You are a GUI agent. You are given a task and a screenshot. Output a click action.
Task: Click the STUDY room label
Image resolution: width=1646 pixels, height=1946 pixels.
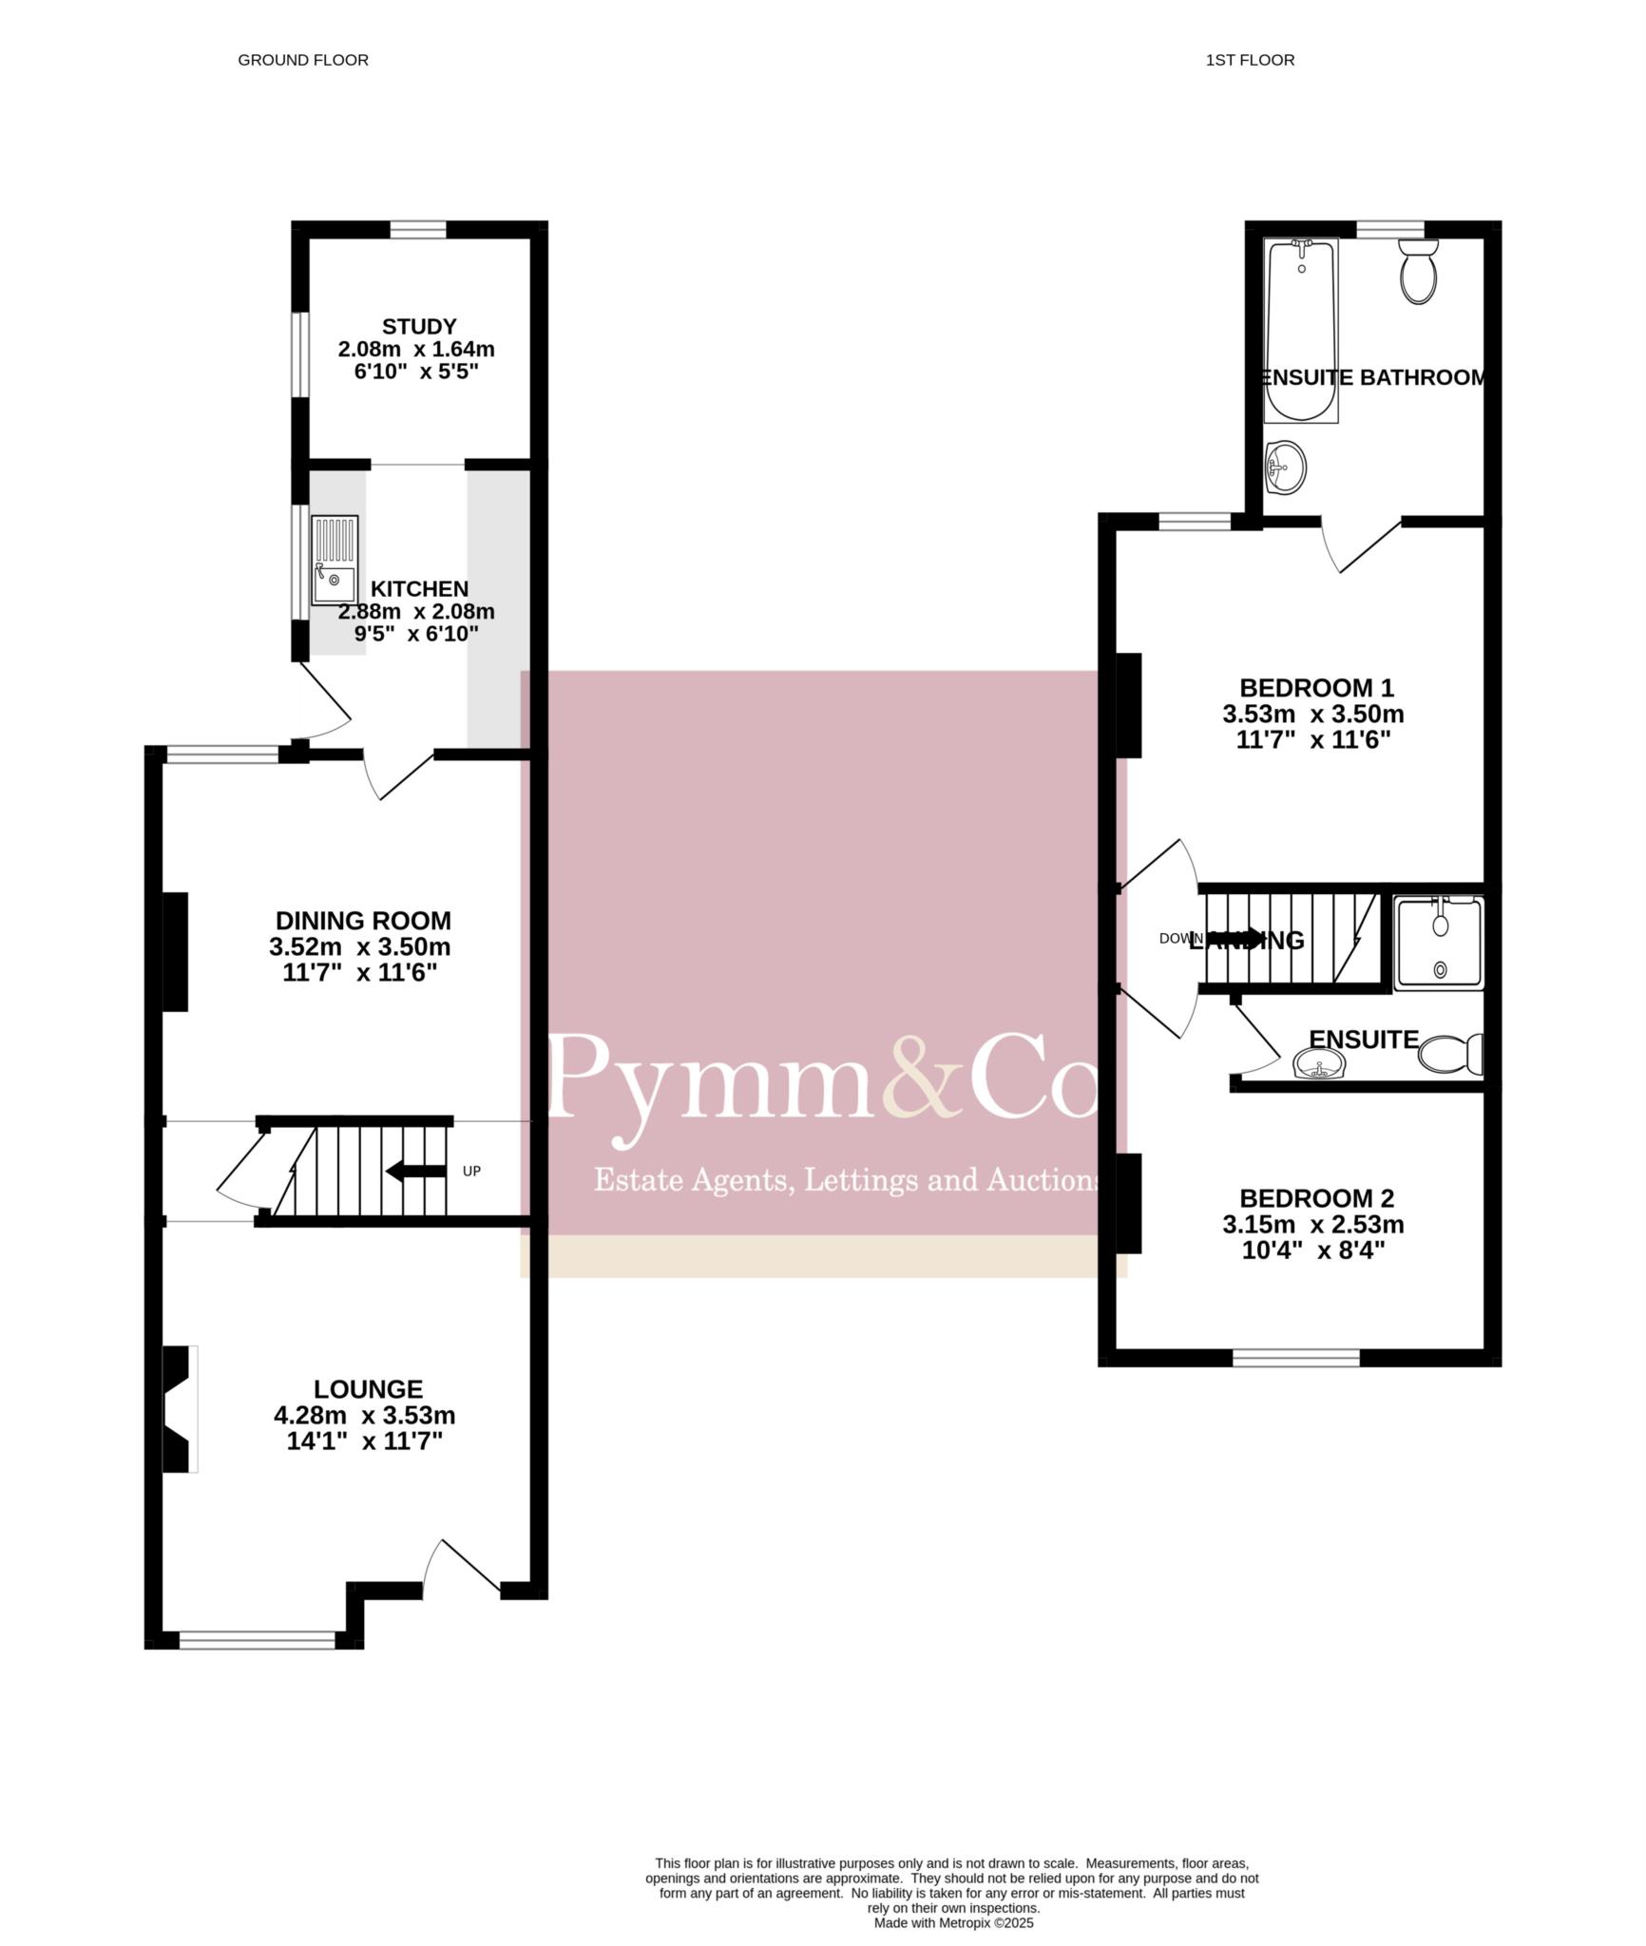(x=419, y=327)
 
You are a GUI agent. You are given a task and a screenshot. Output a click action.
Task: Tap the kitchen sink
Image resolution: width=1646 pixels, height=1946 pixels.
(x=335, y=560)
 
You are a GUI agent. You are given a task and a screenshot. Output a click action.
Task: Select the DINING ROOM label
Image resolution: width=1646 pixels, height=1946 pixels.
(x=363, y=920)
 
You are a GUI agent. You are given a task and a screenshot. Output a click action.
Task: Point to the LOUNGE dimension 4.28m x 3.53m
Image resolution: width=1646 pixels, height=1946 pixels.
(x=364, y=1415)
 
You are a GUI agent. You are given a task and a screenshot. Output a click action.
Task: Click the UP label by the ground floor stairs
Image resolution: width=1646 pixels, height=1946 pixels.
(x=471, y=1171)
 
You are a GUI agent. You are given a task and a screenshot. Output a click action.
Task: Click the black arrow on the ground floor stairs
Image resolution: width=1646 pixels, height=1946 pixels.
(x=415, y=1171)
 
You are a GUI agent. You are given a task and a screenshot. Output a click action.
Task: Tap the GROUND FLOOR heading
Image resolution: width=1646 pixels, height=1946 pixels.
(x=303, y=60)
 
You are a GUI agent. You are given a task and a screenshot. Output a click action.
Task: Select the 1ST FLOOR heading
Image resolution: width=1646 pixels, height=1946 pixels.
(x=1250, y=60)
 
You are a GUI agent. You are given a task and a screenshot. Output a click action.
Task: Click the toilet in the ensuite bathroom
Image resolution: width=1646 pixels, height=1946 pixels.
(x=1419, y=271)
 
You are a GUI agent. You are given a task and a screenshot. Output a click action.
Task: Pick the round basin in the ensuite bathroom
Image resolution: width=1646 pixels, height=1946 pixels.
(x=1286, y=467)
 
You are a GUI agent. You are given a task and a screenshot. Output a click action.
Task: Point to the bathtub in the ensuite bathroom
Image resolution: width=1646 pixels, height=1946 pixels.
(x=1301, y=330)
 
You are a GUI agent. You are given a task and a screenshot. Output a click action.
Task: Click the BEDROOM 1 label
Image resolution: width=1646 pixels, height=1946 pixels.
(x=1316, y=687)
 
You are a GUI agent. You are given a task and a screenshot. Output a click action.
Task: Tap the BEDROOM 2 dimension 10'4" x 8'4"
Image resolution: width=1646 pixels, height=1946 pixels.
(x=1313, y=1250)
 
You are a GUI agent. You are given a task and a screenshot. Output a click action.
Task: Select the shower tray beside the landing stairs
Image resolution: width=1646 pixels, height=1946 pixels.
(x=1439, y=943)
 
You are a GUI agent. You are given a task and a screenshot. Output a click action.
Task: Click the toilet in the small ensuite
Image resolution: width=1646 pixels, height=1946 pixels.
(x=1450, y=1054)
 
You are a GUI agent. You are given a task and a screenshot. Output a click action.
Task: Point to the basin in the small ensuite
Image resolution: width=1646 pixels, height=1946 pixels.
(x=1319, y=1064)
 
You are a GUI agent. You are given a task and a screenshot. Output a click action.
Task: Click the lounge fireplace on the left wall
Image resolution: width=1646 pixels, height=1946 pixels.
(x=181, y=1409)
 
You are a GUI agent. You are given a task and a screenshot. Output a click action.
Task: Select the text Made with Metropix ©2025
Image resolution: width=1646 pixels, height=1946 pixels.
(x=953, y=1922)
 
